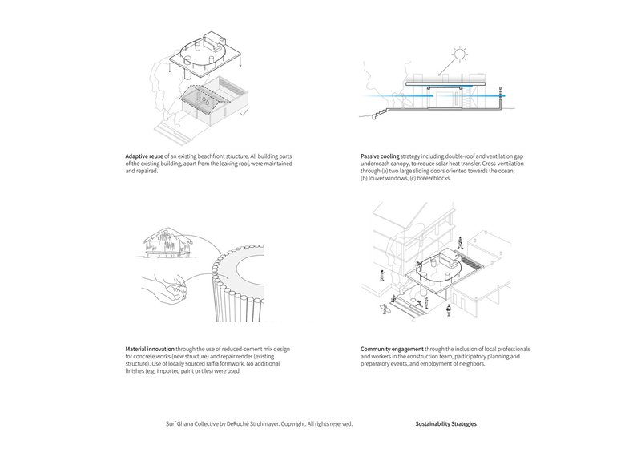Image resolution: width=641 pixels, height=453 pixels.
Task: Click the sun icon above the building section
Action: coord(460,54)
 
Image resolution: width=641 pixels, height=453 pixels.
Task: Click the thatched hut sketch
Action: coord(163,243)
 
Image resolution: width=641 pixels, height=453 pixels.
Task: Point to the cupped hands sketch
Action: coord(165,288)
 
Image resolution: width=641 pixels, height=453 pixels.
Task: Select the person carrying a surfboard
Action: coord(385,308)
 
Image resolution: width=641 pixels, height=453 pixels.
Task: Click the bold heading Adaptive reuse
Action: coord(144,156)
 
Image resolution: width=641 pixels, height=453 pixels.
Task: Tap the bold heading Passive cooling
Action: coord(380,156)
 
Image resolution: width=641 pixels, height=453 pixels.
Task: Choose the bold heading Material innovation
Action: coord(150,349)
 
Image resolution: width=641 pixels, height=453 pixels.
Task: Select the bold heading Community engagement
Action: coord(392,349)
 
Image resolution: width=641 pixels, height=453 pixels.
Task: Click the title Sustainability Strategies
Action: coord(446,424)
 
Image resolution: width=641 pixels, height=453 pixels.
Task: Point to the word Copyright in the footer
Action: coord(293,424)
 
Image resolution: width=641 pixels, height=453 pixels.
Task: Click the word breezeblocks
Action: coord(433,179)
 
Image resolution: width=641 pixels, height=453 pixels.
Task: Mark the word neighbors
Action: coord(472,364)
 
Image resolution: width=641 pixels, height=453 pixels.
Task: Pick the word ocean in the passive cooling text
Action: coord(506,171)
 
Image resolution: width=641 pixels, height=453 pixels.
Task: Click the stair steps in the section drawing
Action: coord(380,114)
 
